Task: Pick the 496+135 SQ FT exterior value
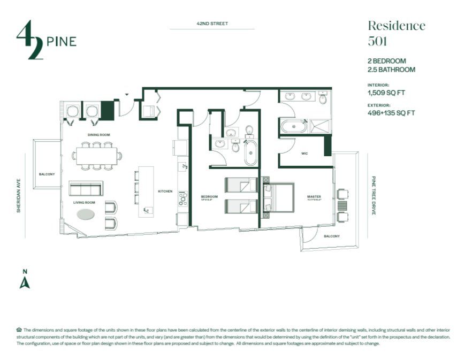(391, 113)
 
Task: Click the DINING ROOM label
(99, 135)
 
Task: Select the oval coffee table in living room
(86, 215)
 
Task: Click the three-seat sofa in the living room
(86, 189)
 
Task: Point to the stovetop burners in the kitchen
(182, 199)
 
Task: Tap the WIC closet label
(304, 154)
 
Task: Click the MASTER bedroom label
(314, 197)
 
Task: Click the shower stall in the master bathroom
(321, 126)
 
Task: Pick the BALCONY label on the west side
(46, 174)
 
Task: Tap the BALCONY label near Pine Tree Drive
(332, 236)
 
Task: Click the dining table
(97, 156)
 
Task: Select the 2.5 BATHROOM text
(391, 70)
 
